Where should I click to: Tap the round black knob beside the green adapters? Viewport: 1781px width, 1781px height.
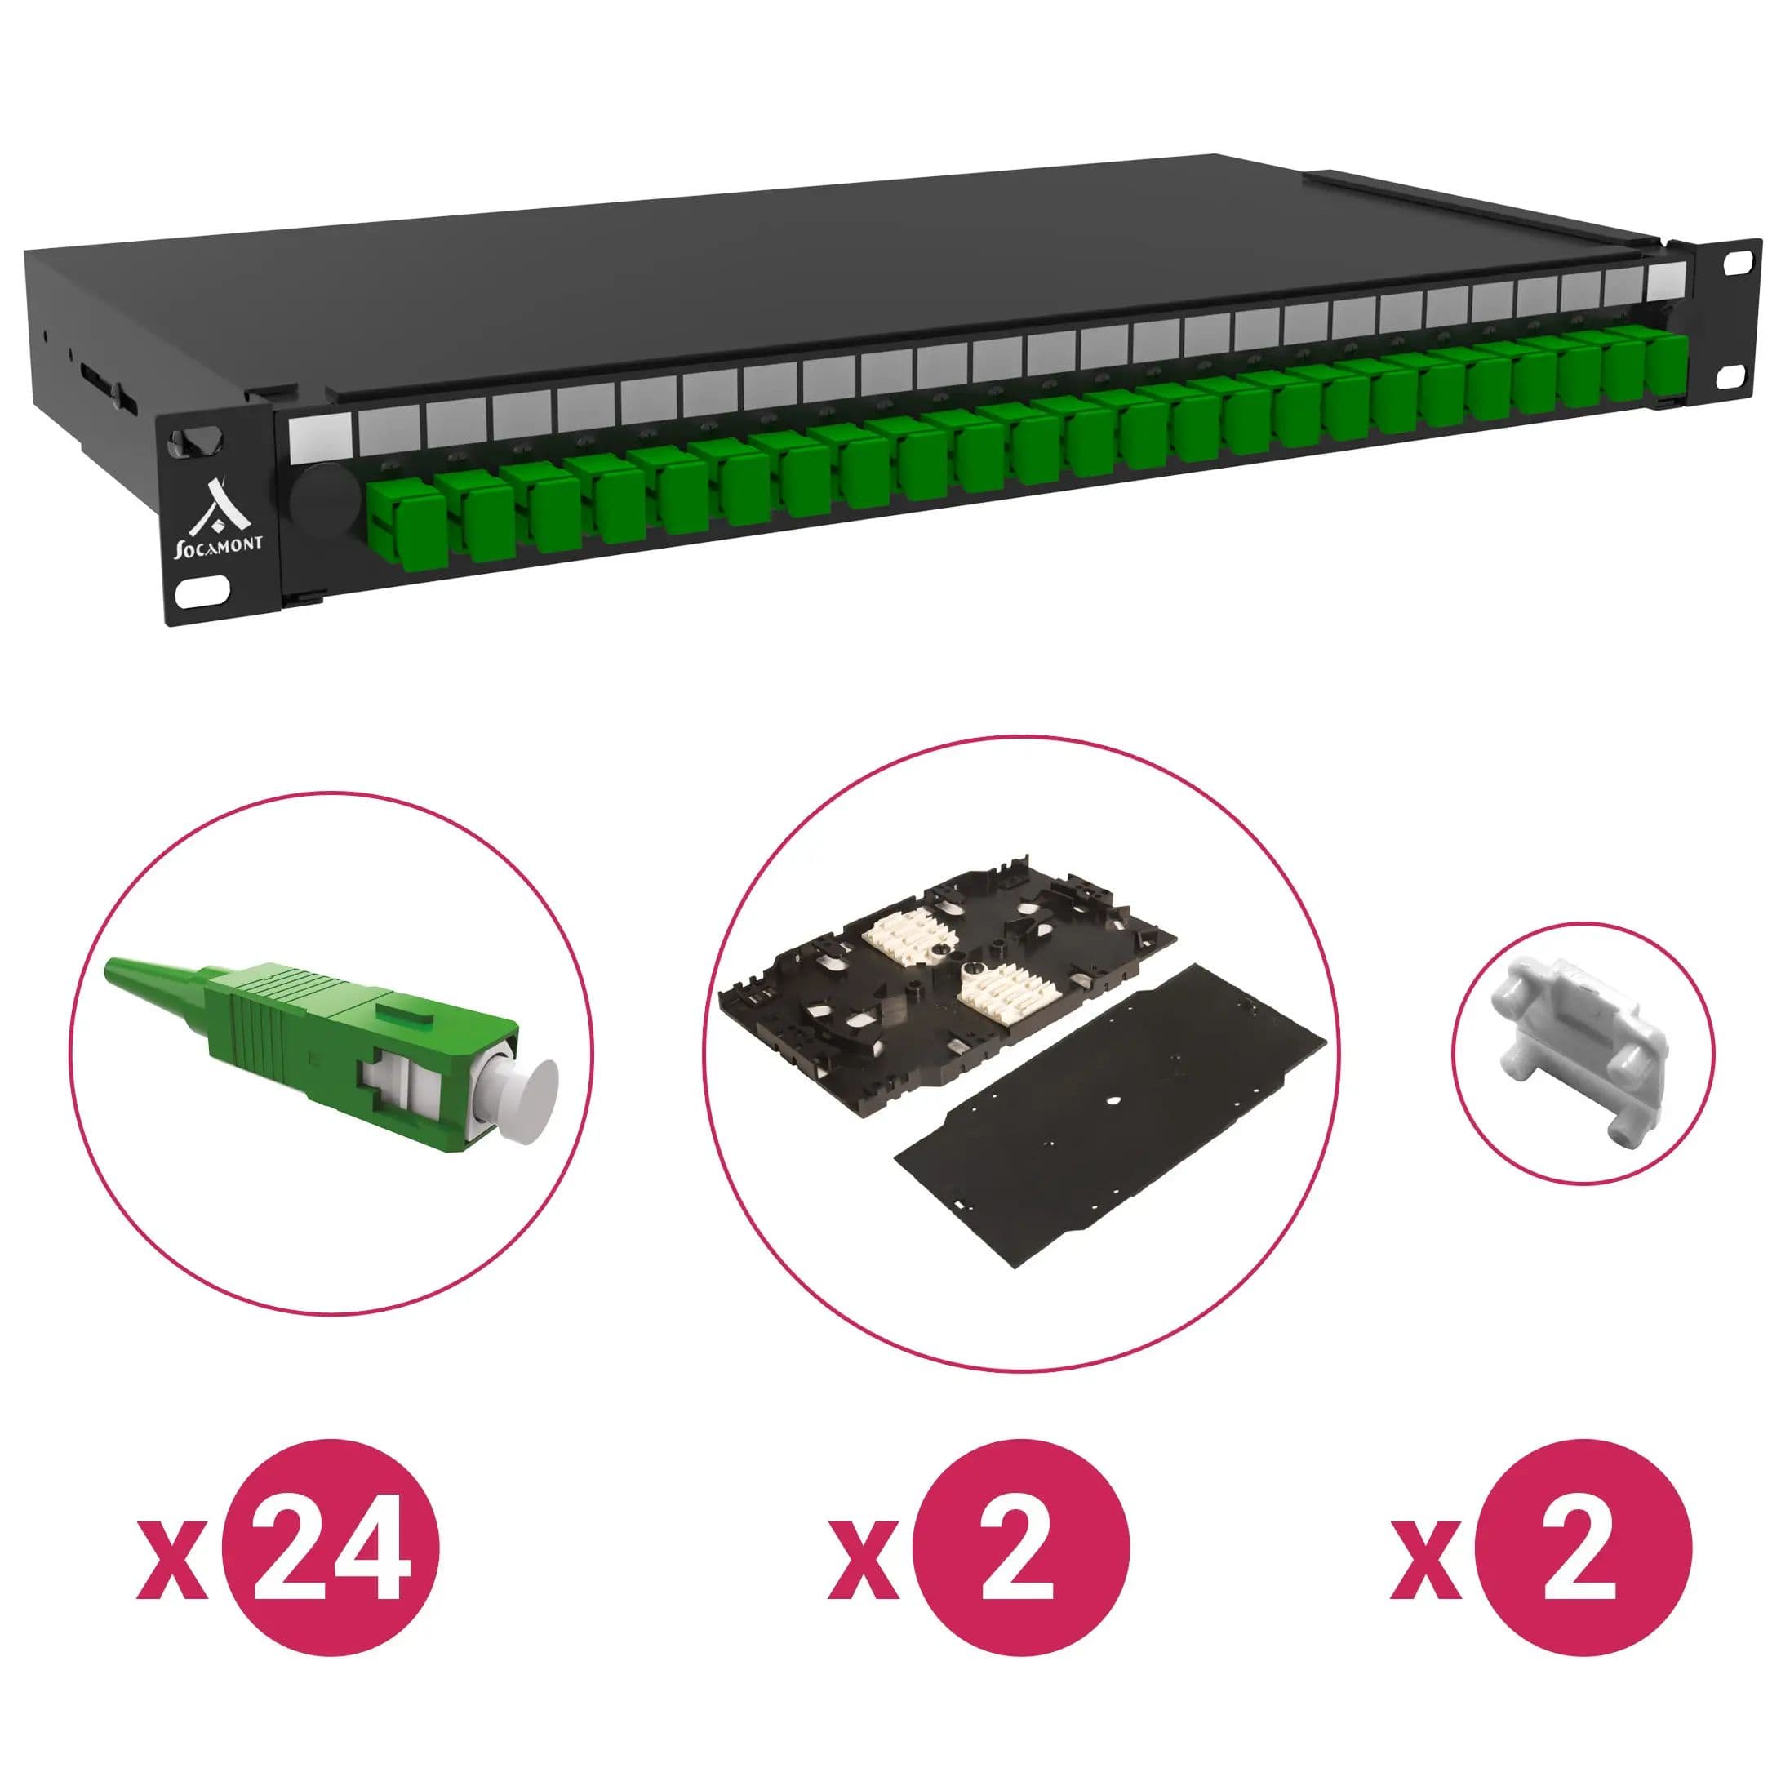[x=322, y=501]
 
